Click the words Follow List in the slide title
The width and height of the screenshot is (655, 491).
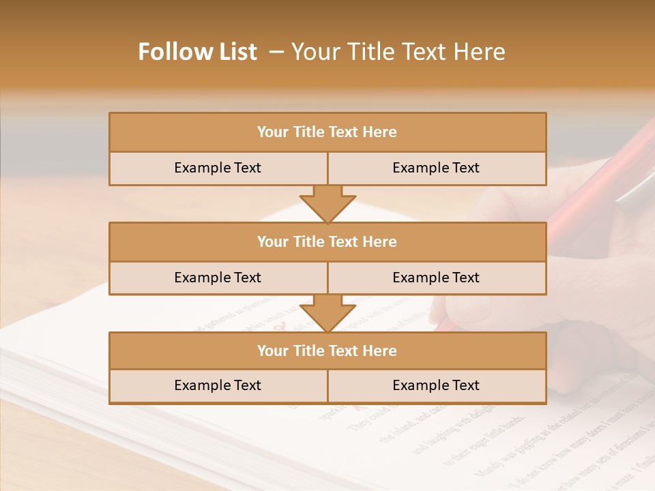coord(197,52)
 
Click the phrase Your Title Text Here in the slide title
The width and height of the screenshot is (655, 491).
coord(398,52)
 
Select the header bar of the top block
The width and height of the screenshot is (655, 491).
coord(327,132)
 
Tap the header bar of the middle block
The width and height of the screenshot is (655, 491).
coord(327,241)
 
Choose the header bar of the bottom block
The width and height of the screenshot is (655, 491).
coord(327,351)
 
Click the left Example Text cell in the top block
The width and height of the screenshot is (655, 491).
coord(218,168)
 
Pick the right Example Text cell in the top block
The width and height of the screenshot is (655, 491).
coord(436,168)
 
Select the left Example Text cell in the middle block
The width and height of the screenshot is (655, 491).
coord(218,278)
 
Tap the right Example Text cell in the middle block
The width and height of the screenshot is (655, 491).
coord(436,278)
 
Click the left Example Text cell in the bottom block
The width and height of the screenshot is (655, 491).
coord(218,385)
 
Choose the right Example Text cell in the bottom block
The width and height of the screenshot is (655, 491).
coord(436,385)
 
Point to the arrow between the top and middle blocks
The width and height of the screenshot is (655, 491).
coord(327,203)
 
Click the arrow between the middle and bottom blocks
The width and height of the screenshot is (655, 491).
coord(327,313)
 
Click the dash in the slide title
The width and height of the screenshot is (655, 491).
coord(276,52)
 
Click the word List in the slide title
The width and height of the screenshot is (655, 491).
coord(236,52)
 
